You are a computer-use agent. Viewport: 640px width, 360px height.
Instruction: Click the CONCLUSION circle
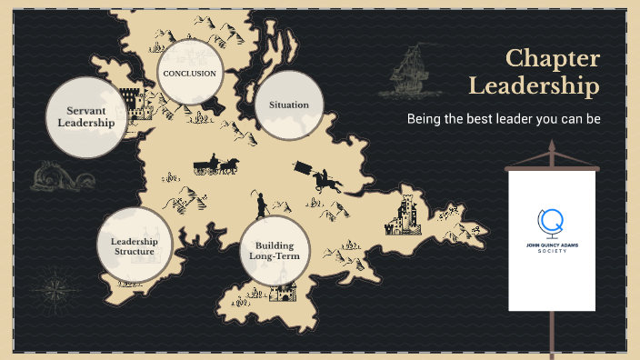tap(190, 73)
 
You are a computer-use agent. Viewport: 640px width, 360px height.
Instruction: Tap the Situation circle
tap(289, 105)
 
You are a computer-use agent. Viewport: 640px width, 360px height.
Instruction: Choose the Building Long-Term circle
tap(274, 250)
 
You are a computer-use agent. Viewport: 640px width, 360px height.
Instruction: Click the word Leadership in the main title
tap(534, 86)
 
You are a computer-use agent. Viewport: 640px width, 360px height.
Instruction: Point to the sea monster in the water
tap(54, 175)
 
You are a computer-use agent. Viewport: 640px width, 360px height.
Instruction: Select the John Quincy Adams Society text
tap(551, 248)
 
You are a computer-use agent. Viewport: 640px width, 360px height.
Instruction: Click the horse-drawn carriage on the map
tap(215, 165)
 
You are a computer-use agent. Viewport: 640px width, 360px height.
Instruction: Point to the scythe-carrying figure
tap(261, 204)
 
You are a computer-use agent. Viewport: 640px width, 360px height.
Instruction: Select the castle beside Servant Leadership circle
tap(131, 105)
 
